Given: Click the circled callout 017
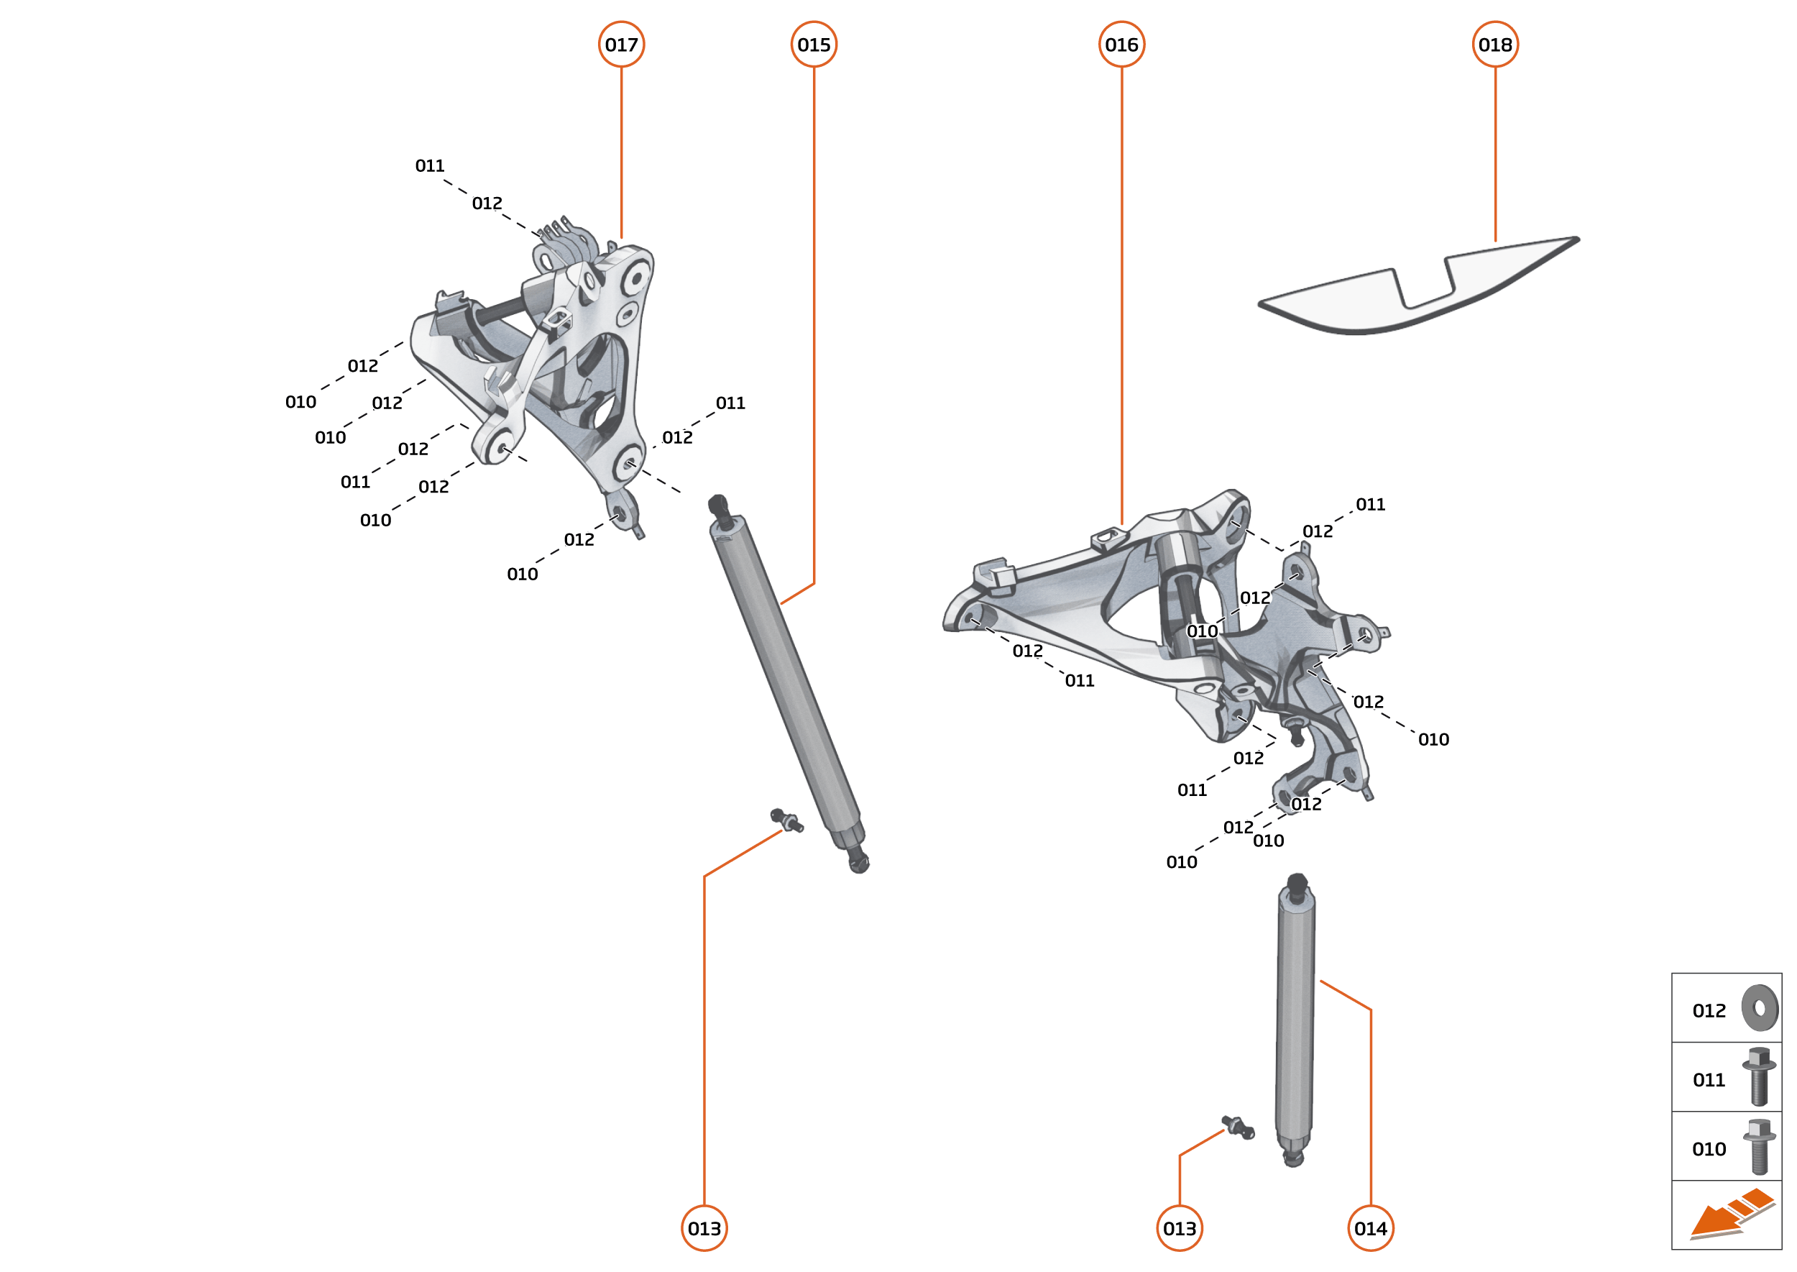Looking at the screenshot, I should tap(621, 45).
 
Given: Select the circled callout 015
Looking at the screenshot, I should tap(814, 45).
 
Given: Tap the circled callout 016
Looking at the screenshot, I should tap(1121, 45).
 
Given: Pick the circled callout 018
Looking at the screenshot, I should tap(1495, 45).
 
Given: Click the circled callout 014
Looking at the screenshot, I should tap(1370, 1228).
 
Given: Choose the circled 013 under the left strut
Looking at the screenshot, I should tap(704, 1228).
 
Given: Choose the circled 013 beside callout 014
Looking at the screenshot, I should tap(1180, 1228).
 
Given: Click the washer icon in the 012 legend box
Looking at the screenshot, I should tap(1760, 1008).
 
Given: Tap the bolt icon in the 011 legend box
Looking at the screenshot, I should tap(1759, 1076).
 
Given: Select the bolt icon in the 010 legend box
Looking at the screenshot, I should tap(1759, 1146).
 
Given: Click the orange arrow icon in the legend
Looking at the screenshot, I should tap(1729, 1214).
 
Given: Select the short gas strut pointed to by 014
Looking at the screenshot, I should tap(1295, 1018).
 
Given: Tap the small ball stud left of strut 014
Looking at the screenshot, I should tap(1238, 1128).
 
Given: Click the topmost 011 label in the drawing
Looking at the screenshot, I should tap(429, 166).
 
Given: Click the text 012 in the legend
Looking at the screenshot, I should tap(1709, 1010).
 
